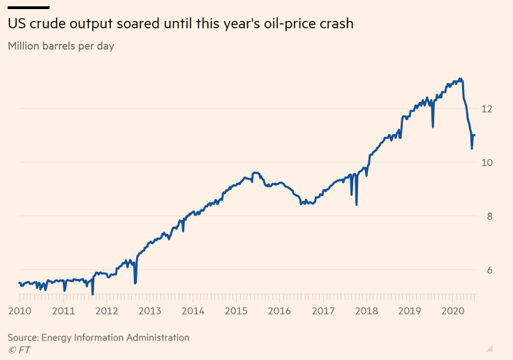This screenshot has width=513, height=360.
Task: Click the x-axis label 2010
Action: pos(19,310)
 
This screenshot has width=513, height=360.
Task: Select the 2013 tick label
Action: pos(150,310)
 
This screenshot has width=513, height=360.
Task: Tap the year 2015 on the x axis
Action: pos(237,310)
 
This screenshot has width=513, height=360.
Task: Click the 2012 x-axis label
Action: pos(106,310)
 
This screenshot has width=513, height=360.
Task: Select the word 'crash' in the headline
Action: pos(336,24)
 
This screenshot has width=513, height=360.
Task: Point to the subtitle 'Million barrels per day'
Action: pos(61,47)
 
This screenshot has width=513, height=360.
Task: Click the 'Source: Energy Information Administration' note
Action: pos(98,338)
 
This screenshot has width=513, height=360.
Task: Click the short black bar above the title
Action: pos(29,7)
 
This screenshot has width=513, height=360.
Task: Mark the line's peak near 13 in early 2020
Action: pos(459,79)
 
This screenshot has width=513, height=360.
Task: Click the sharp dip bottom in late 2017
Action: pos(357,204)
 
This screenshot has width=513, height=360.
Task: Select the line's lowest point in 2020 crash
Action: pos(472,149)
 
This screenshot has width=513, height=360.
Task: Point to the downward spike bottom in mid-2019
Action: pos(433,127)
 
